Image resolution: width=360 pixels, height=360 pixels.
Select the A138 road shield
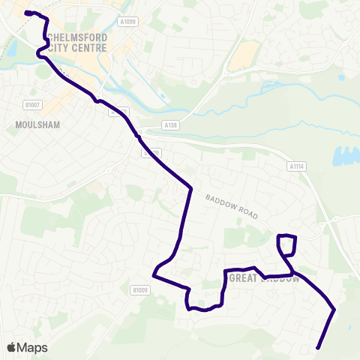click(x=170, y=127)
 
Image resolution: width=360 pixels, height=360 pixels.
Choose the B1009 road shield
click(x=139, y=289)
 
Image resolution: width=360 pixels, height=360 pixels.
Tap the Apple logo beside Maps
click(x=11, y=347)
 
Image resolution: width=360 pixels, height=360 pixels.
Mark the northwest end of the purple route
click(x=26, y=13)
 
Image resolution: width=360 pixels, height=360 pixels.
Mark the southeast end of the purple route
click(x=319, y=347)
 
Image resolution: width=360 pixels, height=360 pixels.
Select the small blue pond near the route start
click(x=11, y=48)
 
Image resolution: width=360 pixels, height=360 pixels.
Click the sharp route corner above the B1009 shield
click(x=154, y=275)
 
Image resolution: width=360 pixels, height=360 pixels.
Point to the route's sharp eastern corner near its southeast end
click(x=334, y=309)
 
